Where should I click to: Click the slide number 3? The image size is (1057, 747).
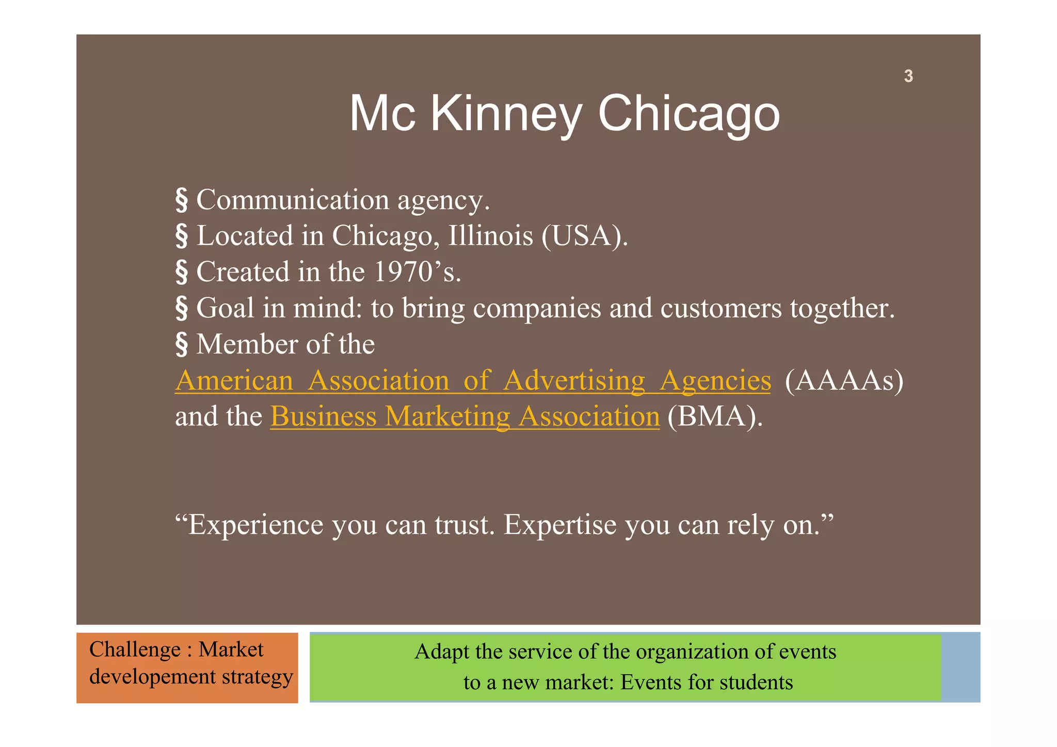point(908,76)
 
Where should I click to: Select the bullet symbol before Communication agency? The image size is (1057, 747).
point(181,200)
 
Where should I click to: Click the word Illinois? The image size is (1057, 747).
point(490,236)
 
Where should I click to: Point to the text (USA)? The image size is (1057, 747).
point(584,236)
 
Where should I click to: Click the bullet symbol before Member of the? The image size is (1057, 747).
point(181,344)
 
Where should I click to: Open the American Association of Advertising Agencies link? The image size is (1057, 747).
point(472,380)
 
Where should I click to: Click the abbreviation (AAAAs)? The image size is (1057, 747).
point(844,380)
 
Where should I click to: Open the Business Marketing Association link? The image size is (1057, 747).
point(465,417)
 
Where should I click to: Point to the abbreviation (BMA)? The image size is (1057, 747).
point(714,417)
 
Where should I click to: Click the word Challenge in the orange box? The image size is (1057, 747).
point(135,649)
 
